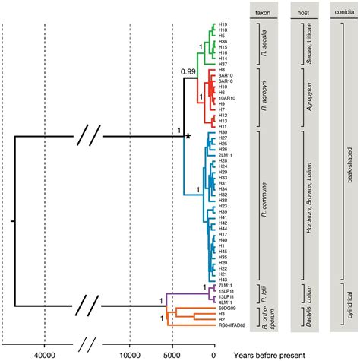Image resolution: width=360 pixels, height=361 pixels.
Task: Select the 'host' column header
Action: (x=303, y=13)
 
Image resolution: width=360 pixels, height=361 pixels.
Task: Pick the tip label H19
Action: (x=223, y=24)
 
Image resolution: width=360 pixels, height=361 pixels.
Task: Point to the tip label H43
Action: (x=223, y=279)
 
